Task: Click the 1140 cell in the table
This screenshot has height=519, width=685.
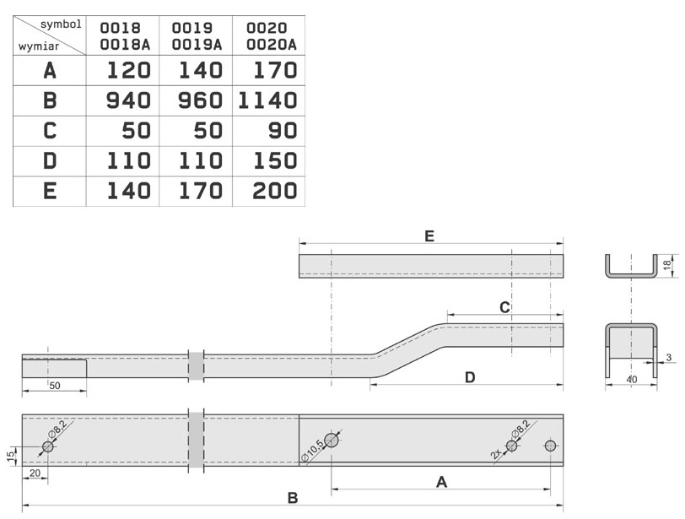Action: (267, 101)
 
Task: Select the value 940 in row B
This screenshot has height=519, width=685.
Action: (128, 101)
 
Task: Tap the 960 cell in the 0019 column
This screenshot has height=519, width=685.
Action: (197, 101)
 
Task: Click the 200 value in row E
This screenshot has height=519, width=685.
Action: (275, 192)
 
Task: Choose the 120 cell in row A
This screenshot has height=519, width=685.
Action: (128, 71)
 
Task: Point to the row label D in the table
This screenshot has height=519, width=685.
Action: (50, 161)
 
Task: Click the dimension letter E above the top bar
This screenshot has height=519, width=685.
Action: (429, 237)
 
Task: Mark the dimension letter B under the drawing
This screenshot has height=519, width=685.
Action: (292, 498)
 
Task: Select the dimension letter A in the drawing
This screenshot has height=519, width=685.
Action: (440, 482)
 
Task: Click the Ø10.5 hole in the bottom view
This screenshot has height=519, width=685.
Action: (332, 440)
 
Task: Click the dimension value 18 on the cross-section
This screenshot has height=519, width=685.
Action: (667, 265)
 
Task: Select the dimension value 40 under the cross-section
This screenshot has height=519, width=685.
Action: (631, 380)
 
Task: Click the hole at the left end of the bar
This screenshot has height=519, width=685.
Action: (47, 446)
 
